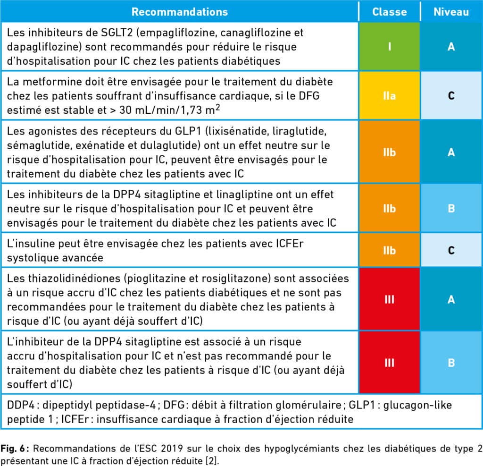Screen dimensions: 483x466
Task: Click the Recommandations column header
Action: point(180,12)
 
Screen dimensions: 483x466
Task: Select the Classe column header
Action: point(389,12)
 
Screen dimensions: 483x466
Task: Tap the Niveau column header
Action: point(451,12)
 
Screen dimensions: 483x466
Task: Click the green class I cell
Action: point(389,47)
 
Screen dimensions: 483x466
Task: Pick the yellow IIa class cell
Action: point(389,95)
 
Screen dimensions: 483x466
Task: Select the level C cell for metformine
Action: point(451,95)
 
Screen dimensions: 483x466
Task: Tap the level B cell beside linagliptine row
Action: point(451,208)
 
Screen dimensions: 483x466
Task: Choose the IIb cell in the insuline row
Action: point(389,250)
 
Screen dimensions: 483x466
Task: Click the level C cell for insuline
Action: point(451,250)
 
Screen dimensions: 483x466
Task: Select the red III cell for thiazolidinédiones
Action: point(389,299)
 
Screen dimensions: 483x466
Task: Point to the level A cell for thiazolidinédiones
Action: point(451,299)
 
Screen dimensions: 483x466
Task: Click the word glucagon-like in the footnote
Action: point(417,405)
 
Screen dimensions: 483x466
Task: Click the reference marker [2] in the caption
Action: point(212,461)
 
